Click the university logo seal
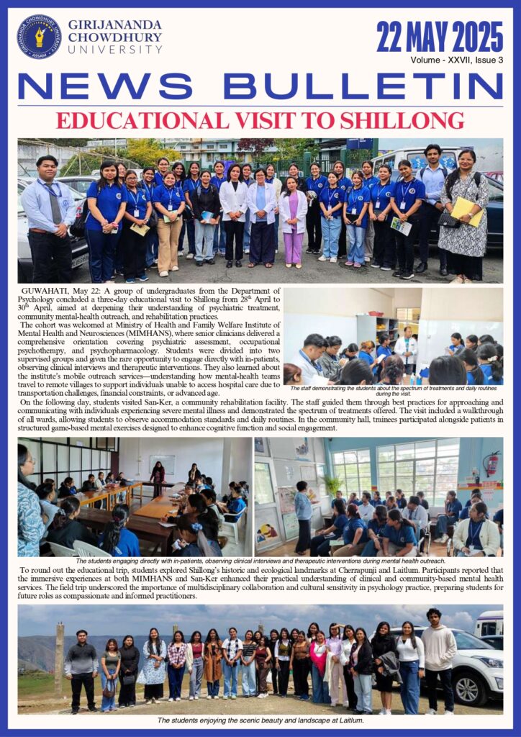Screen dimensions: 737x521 [x=39, y=37]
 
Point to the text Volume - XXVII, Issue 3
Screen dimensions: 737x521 [x=456, y=60]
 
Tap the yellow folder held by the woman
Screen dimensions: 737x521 [x=467, y=210]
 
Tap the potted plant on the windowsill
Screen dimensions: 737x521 [x=333, y=484]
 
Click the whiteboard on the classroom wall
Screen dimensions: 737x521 [x=162, y=464]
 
